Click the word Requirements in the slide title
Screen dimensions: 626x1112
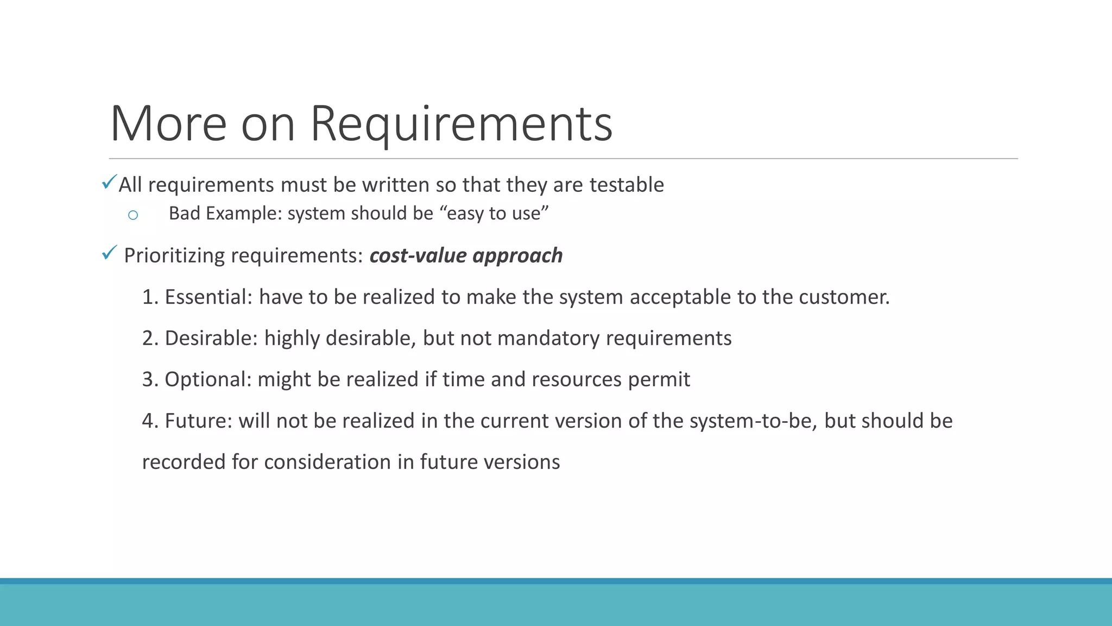coord(461,124)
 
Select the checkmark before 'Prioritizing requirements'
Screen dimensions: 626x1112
coord(109,253)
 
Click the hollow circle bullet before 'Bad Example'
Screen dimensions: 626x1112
coord(133,215)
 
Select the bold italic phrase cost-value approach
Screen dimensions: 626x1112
coord(466,255)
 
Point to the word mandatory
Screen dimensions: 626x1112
coord(548,338)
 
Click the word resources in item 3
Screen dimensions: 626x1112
coord(577,379)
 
